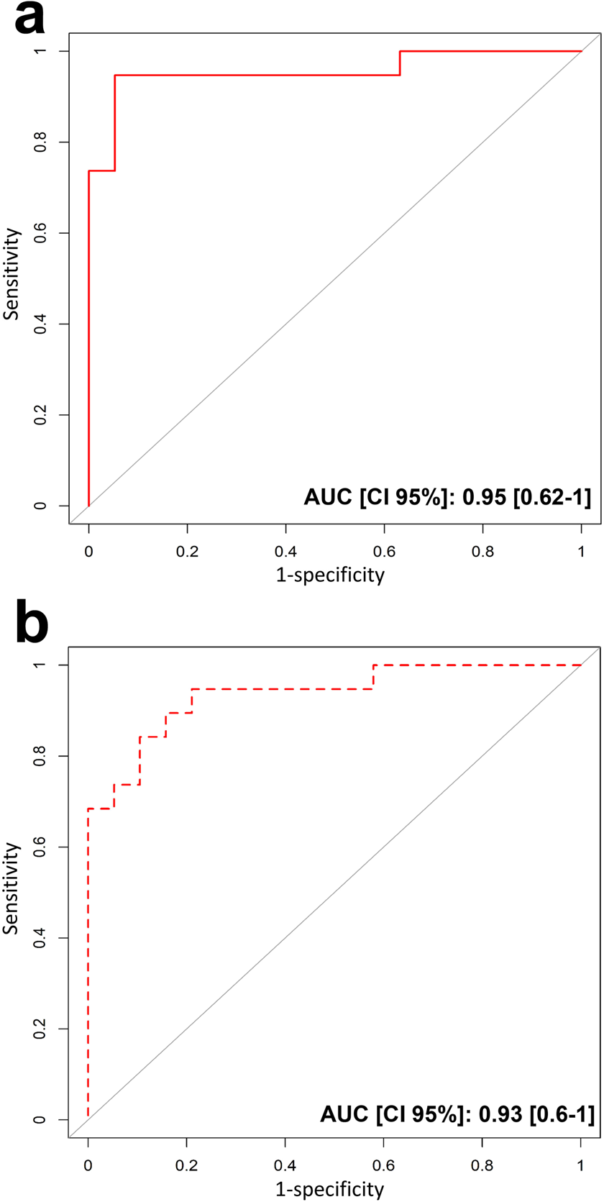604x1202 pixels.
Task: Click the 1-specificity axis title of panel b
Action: tap(330, 1190)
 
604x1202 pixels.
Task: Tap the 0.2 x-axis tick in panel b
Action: tap(187, 1165)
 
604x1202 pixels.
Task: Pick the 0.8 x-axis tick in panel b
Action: tap(482, 1165)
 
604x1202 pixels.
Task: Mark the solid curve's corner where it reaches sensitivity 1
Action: tap(400, 51)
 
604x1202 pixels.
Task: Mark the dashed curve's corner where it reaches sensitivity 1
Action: tap(373, 665)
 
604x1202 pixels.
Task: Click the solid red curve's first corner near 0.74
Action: tap(88, 170)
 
